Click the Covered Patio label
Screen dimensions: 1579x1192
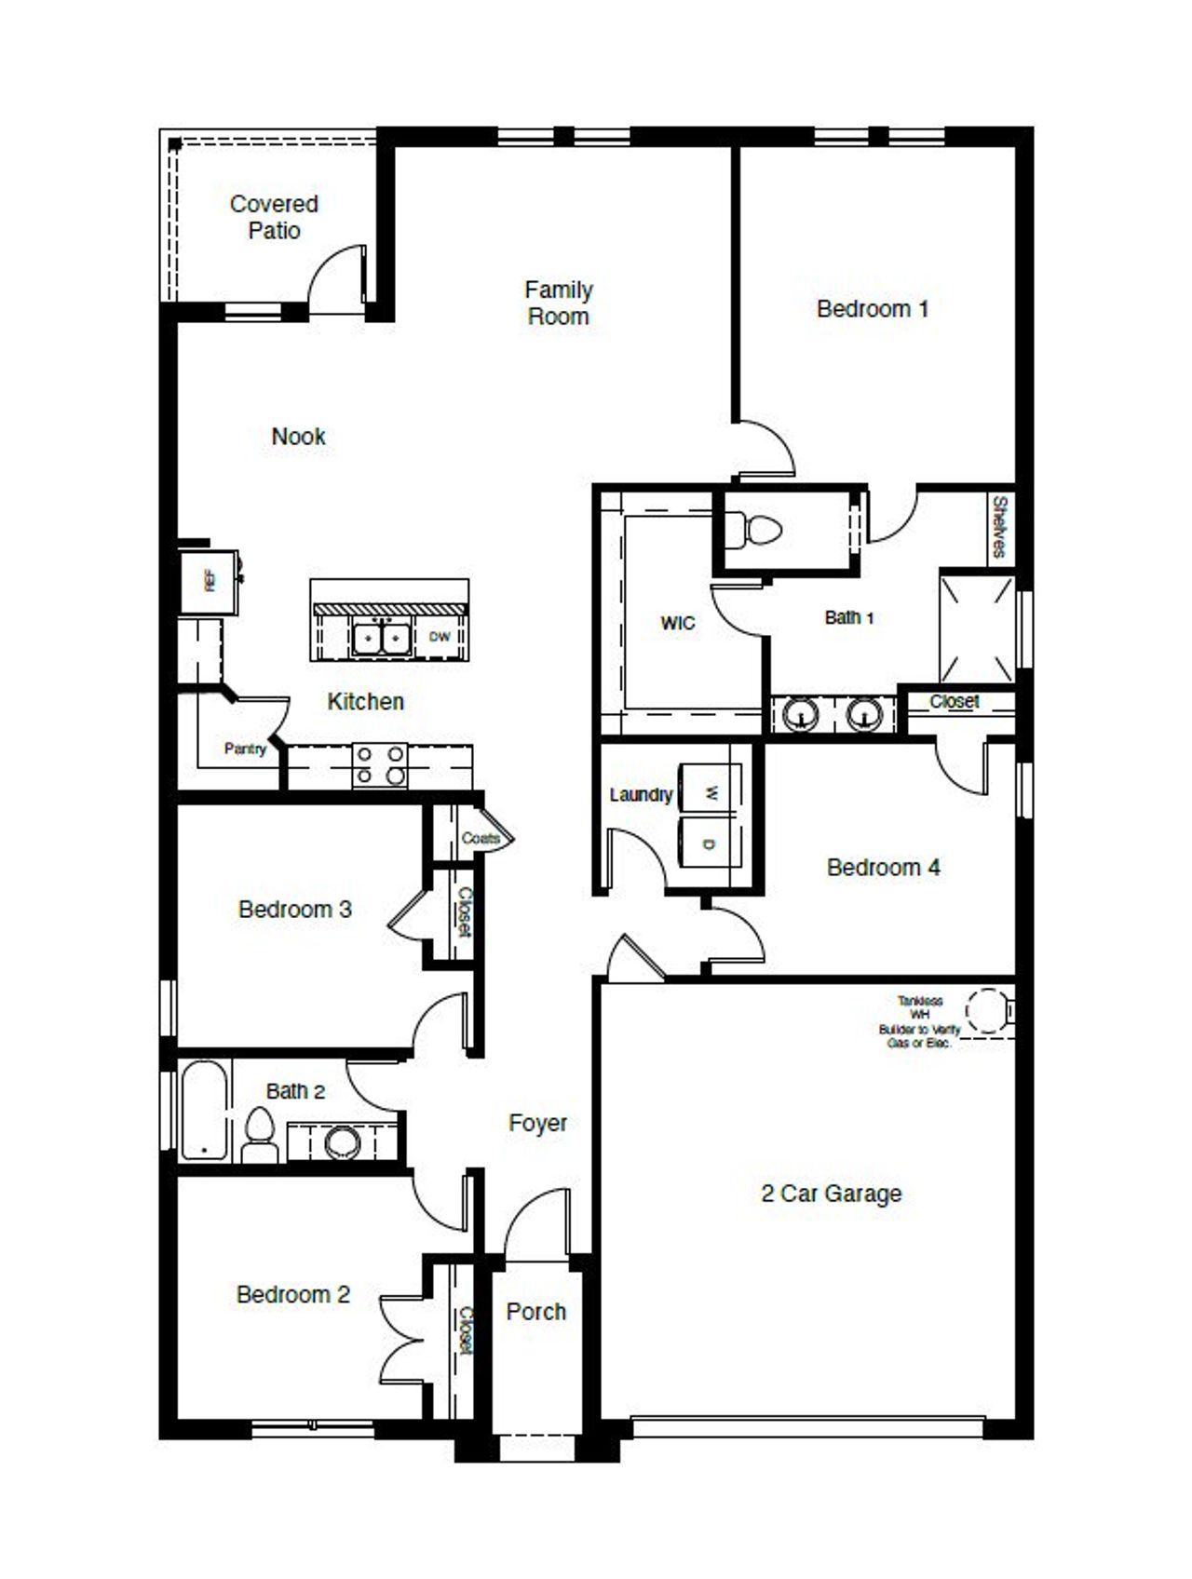pyautogui.click(x=274, y=217)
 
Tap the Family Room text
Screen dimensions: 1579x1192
pyautogui.click(x=558, y=303)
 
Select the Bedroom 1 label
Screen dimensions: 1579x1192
pyautogui.click(x=872, y=308)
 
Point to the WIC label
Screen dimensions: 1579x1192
pyautogui.click(x=677, y=623)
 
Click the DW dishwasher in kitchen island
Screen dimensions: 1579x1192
pyautogui.click(x=440, y=637)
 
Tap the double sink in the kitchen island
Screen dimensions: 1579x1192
pyautogui.click(x=382, y=639)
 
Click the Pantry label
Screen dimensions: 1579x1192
pyautogui.click(x=245, y=748)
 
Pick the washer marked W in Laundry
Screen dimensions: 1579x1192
pyautogui.click(x=711, y=792)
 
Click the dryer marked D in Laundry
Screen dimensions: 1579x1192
pyautogui.click(x=711, y=844)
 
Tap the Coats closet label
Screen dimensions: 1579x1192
pyautogui.click(x=481, y=838)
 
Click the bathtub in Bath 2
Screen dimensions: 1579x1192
pyautogui.click(x=204, y=1110)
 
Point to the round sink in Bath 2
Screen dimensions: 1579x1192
pyautogui.click(x=342, y=1142)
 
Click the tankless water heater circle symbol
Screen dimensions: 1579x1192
pyautogui.click(x=985, y=1011)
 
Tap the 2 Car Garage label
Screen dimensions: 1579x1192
pyautogui.click(x=831, y=1193)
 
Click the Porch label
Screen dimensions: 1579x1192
pyautogui.click(x=535, y=1311)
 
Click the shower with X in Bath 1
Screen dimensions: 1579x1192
pyautogui.click(x=977, y=628)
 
